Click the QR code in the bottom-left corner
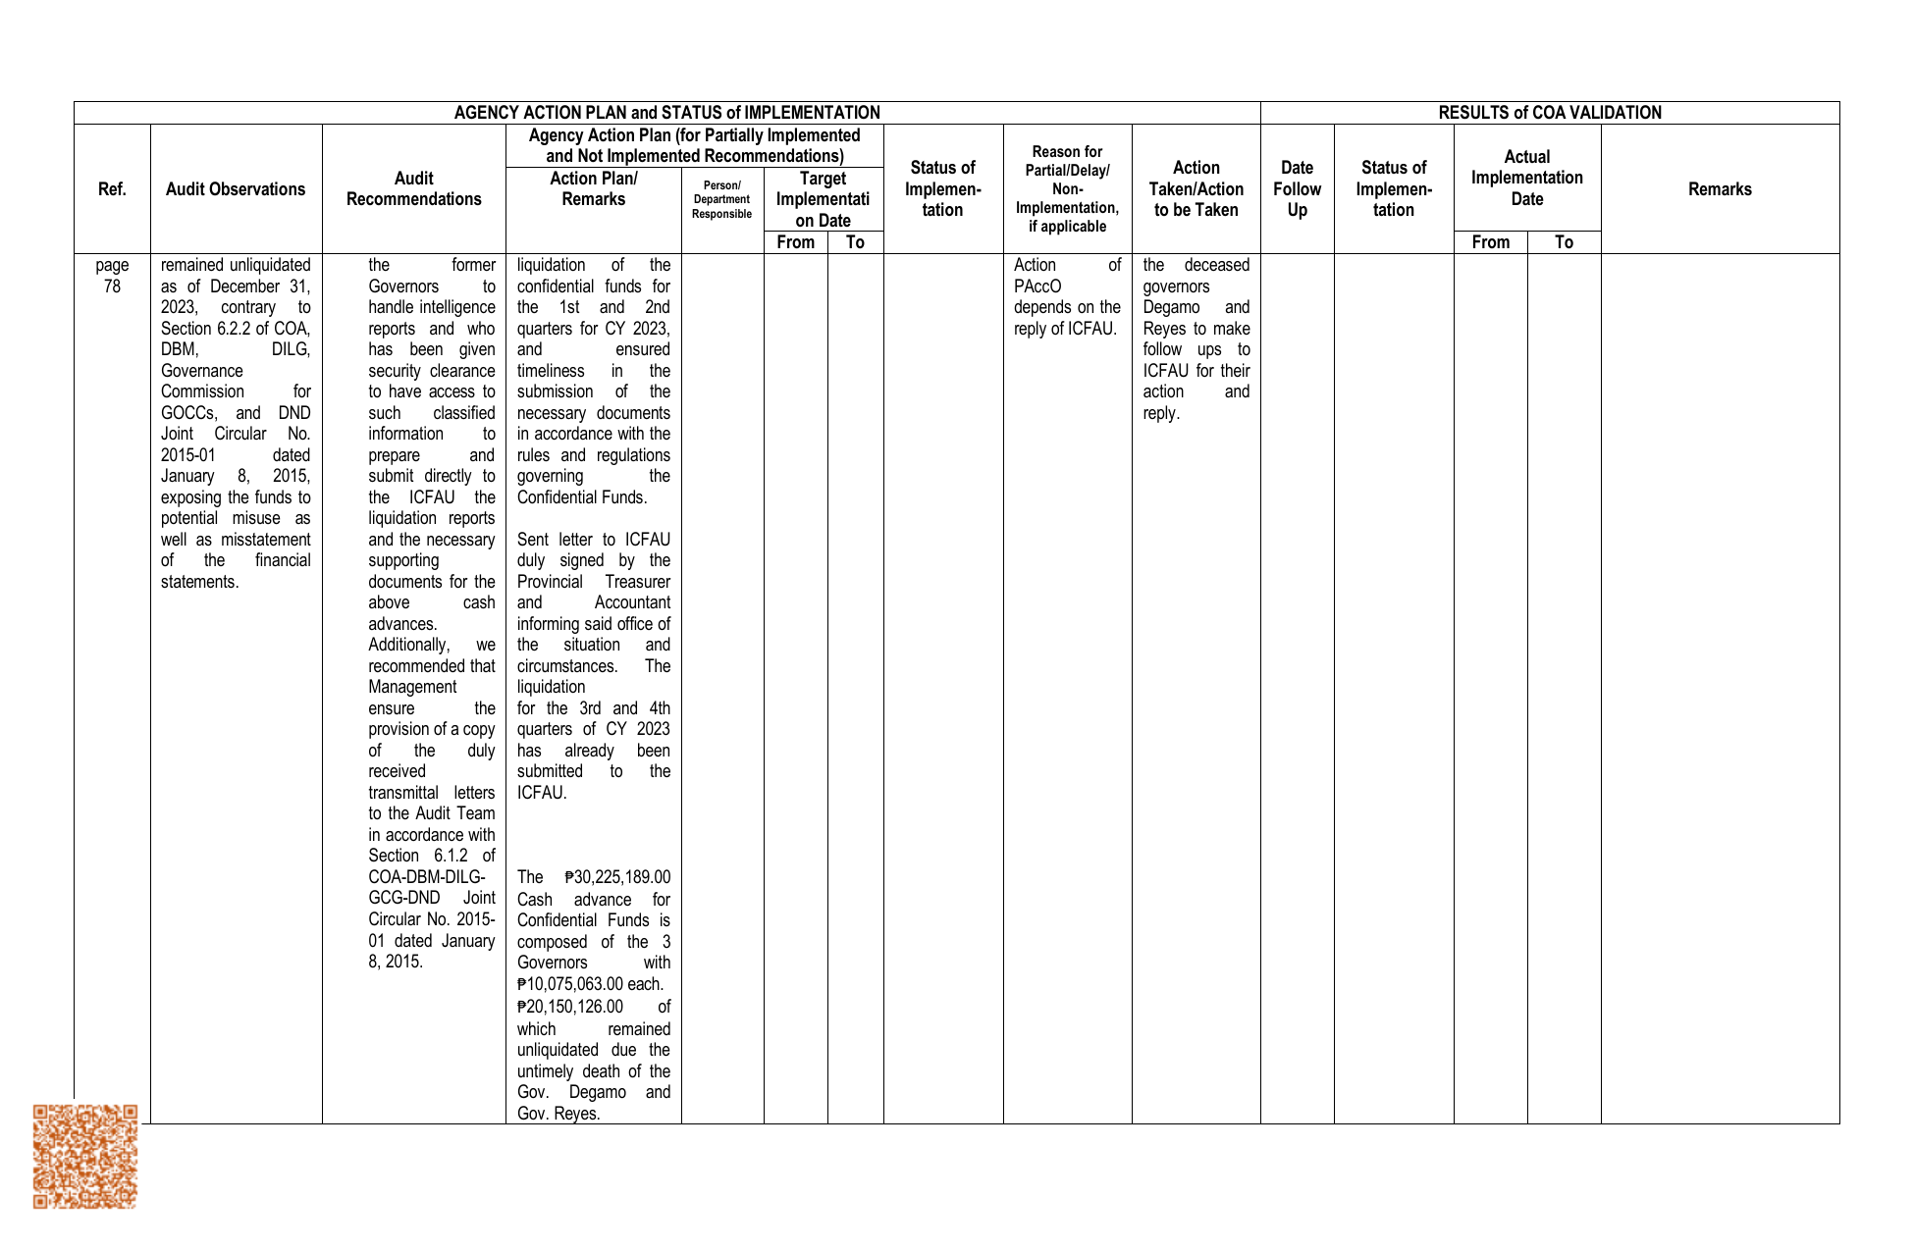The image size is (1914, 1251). (x=85, y=1156)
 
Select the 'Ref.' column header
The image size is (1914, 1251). (x=112, y=189)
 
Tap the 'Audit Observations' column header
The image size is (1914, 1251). (x=236, y=189)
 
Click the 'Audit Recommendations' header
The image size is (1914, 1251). (x=413, y=189)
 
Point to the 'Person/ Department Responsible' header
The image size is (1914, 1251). (x=721, y=200)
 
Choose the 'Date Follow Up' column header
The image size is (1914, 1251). (x=1297, y=189)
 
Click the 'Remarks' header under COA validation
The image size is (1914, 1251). (x=1719, y=189)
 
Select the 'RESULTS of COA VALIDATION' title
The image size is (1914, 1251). (x=1549, y=113)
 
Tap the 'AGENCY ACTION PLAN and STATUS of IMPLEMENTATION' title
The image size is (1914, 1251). (x=666, y=113)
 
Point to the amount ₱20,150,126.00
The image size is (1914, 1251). (x=569, y=1007)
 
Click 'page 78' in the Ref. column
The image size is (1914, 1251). (x=112, y=276)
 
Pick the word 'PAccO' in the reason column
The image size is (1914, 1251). (x=1037, y=287)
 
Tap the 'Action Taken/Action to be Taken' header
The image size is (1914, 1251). (x=1196, y=189)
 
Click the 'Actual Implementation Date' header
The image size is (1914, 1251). (x=1526, y=178)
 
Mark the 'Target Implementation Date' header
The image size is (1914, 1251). (x=823, y=199)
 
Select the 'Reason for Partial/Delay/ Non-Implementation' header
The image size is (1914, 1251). (x=1067, y=189)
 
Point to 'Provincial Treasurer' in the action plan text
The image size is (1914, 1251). (x=594, y=582)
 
